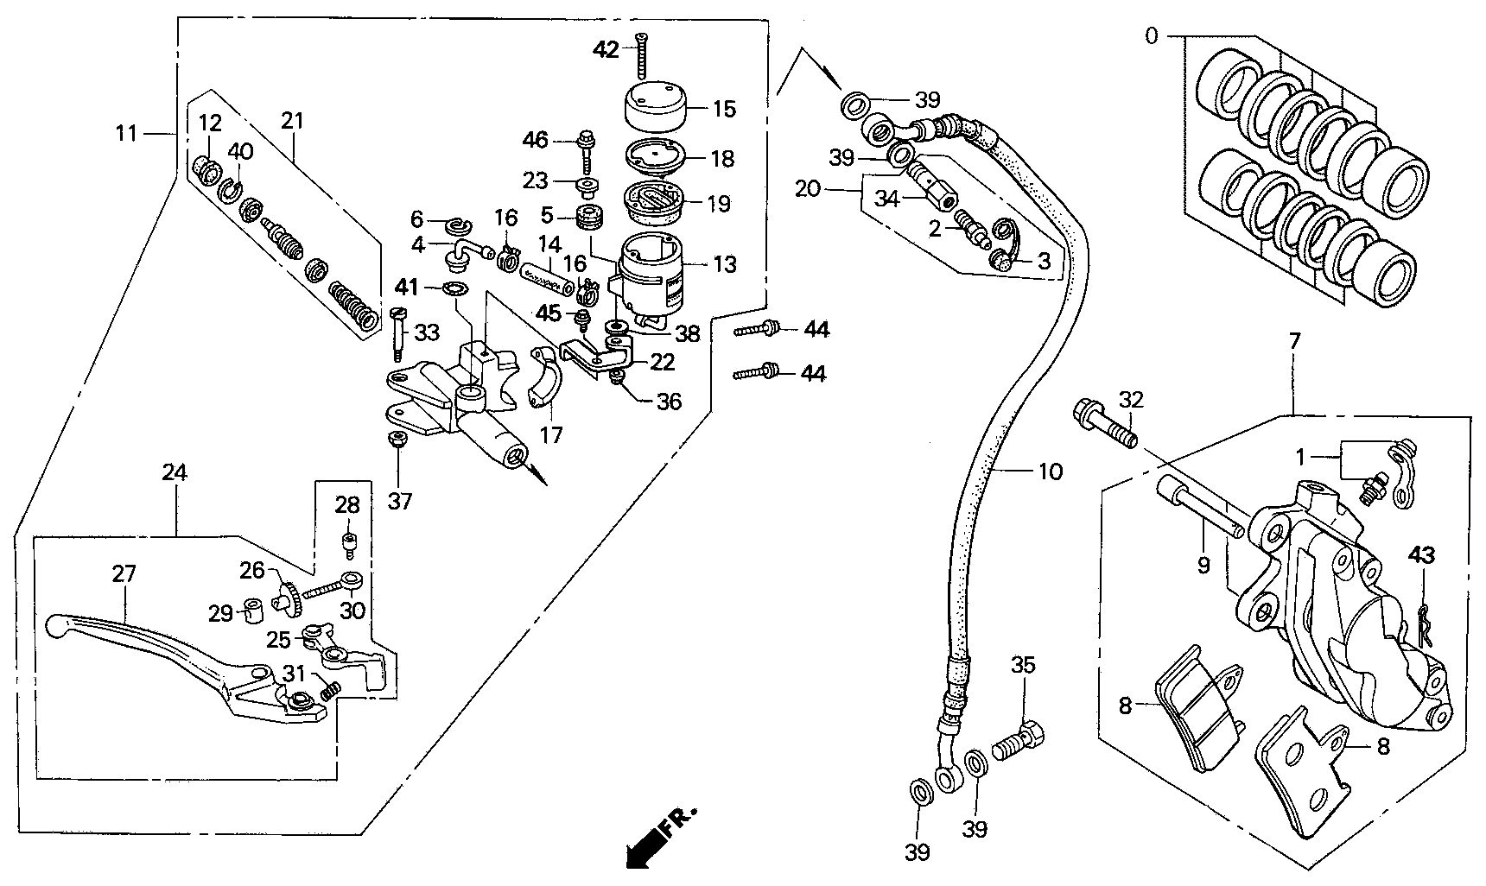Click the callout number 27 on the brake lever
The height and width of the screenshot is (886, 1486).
click(x=124, y=574)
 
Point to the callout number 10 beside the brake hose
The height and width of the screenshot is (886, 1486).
click(x=1050, y=471)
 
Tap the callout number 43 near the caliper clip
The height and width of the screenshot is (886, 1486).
click(x=1422, y=555)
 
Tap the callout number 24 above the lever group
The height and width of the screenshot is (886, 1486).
click(x=175, y=471)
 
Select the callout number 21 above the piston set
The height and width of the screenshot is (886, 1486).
click(x=292, y=121)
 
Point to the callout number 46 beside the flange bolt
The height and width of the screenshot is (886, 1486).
click(x=536, y=138)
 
